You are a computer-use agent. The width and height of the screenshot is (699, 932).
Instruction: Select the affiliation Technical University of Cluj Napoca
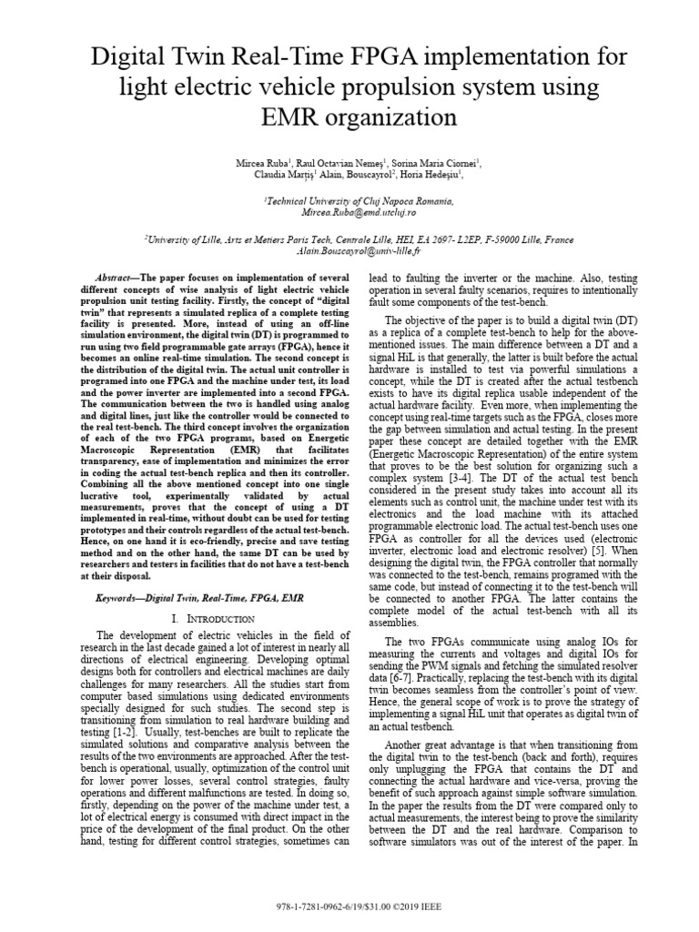coord(349,200)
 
